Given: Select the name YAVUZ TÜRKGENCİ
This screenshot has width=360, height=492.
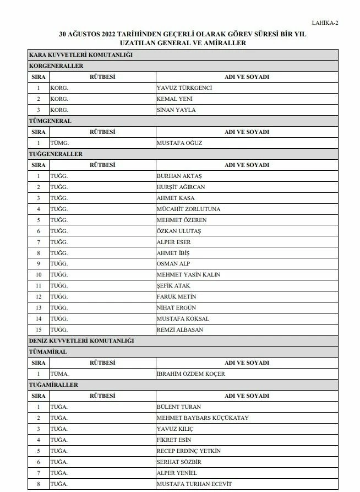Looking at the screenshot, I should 184,88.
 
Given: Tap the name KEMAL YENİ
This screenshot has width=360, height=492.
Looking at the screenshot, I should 175,99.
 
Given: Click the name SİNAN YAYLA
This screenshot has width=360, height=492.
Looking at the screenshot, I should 176,110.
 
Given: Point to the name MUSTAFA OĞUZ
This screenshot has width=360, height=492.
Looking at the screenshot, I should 179,143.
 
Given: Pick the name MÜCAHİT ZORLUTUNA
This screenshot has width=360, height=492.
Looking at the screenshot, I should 188,209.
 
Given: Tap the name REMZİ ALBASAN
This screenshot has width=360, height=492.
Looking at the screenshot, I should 180,329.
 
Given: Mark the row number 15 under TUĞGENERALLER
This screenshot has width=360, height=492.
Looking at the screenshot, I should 39,329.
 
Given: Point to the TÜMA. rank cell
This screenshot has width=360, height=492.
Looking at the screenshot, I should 59,374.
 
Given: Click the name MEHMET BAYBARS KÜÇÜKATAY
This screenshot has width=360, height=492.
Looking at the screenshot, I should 203,418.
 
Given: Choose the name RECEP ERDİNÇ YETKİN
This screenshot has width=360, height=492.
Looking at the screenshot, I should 189,451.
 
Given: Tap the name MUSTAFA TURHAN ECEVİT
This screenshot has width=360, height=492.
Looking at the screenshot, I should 194,484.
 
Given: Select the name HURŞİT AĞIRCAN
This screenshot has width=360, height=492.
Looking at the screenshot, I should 181,187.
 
